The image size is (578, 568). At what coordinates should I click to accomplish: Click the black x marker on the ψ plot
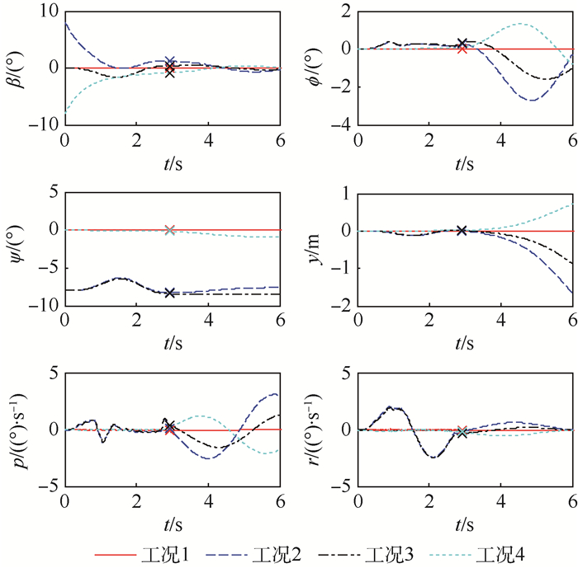point(170,293)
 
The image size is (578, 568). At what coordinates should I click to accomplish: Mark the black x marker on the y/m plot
point(462,230)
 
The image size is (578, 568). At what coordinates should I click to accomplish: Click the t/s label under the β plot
point(172,162)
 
